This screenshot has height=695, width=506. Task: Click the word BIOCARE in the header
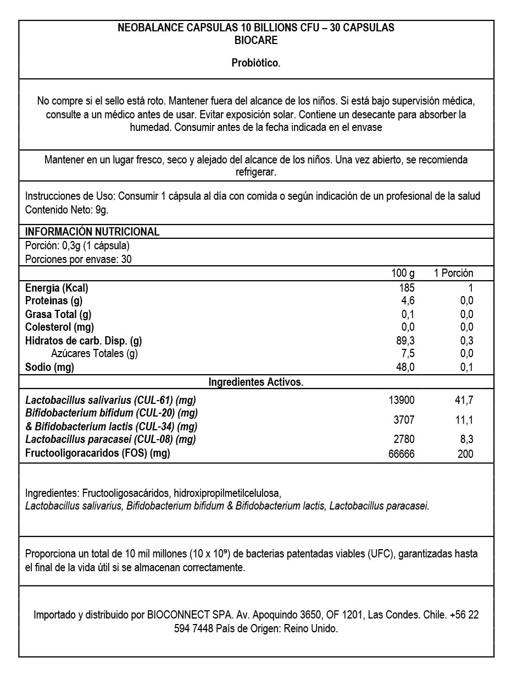click(256, 40)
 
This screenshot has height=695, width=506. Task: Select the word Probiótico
click(256, 63)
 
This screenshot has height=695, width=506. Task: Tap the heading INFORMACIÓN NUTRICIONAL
click(92, 232)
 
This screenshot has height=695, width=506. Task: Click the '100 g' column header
click(403, 273)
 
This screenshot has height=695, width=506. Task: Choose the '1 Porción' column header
click(453, 273)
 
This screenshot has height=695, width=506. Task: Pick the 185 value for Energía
click(407, 287)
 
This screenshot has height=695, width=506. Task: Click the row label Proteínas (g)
click(54, 300)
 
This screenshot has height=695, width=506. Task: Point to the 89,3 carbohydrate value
click(405, 340)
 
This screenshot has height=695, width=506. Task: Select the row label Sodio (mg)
click(49, 367)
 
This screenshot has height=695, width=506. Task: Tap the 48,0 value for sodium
click(405, 367)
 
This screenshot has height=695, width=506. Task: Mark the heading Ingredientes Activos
click(256, 382)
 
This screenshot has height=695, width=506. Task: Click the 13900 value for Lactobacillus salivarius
click(402, 400)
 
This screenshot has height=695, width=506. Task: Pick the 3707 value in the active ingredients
click(404, 420)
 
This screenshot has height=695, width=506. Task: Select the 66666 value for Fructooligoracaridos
click(402, 453)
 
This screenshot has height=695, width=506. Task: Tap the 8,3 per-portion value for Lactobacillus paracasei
click(466, 439)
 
